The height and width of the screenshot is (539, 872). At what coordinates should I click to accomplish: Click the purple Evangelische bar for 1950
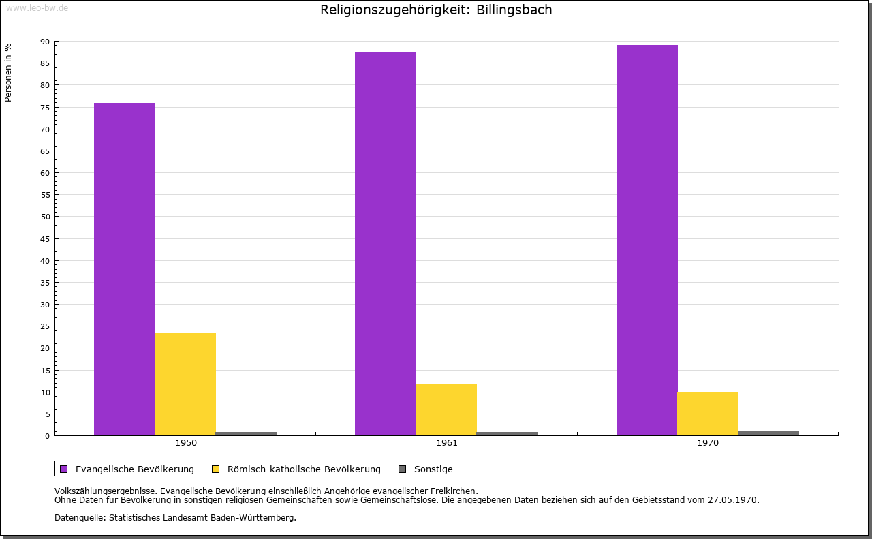pos(125,269)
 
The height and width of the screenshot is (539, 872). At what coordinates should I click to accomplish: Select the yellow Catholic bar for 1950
pos(185,384)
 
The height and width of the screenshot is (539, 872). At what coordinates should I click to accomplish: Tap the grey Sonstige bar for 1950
pos(246,433)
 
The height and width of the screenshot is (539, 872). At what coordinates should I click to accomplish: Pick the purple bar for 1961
pos(386,243)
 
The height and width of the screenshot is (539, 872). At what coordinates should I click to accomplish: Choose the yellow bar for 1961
pos(446,410)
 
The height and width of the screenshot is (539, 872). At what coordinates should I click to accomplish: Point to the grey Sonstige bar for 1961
pos(507,433)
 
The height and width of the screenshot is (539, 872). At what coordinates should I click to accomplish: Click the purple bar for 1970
pos(647,240)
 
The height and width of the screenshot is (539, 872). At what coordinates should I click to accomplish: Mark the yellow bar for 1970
pos(708,414)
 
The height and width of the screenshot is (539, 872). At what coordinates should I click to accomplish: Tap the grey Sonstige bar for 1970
pos(768,433)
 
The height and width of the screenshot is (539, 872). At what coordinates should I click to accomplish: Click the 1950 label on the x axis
pos(186,443)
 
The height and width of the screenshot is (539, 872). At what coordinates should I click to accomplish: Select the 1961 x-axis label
pos(447,443)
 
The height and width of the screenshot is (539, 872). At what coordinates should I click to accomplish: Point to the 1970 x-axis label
pos(708,443)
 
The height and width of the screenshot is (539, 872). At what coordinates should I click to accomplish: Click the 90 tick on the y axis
pos(45,42)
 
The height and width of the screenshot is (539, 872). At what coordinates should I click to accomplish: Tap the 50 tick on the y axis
pos(45,217)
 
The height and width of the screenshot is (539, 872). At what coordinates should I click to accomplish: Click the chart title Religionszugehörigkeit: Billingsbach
pos(436,10)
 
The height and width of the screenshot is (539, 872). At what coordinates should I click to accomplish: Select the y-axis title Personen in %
pos(8,72)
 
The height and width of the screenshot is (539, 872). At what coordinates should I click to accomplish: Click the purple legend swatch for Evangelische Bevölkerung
pos(64,469)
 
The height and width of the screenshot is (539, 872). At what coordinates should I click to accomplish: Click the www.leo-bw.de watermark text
pos(37,7)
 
